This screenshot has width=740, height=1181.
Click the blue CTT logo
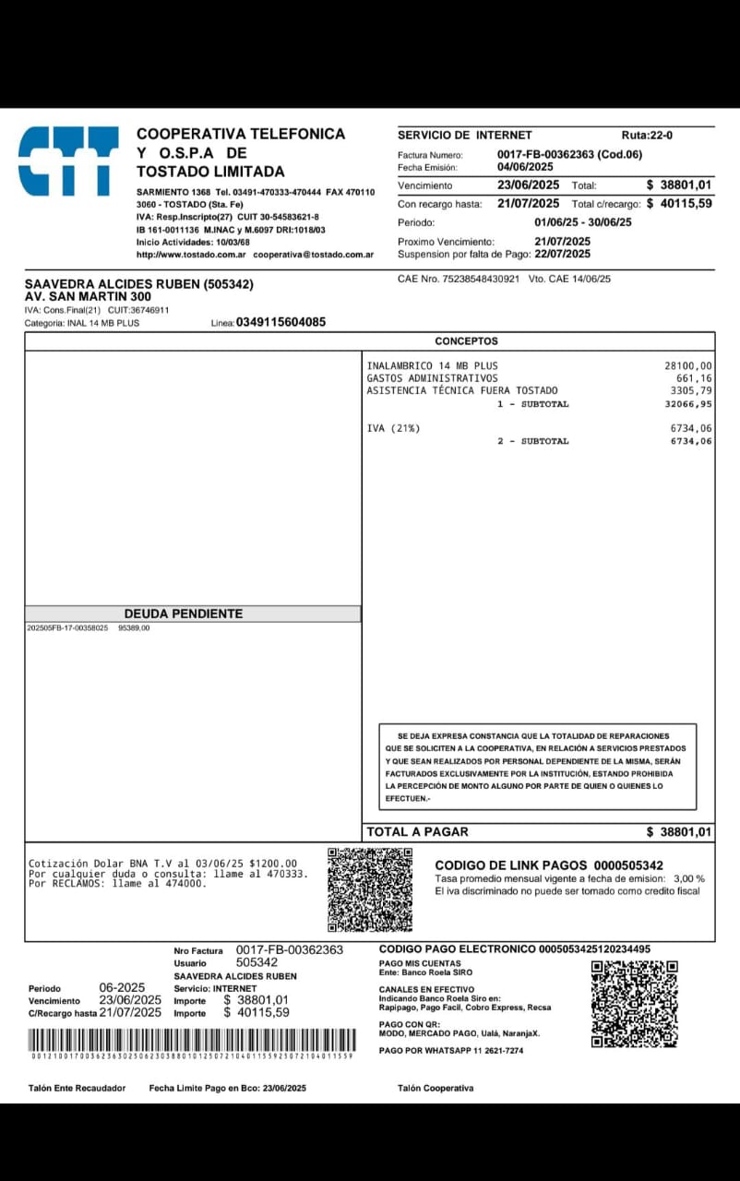point(68,161)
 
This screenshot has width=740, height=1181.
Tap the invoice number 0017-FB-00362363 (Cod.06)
point(569,154)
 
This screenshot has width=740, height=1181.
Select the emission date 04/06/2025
point(525,167)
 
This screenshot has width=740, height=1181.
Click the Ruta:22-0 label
point(647,135)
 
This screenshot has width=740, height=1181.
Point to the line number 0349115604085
point(280,322)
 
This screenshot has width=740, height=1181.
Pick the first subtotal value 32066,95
point(688,404)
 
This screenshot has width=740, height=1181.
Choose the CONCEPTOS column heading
point(466,341)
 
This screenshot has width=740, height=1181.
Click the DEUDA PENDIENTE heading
point(184,614)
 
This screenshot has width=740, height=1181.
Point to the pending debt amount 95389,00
point(134,628)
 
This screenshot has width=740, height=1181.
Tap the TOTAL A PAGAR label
point(417,831)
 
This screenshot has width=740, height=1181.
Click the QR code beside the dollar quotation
point(370,889)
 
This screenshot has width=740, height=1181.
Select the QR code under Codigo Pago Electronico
point(634,1004)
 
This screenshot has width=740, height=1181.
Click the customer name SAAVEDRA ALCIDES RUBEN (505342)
point(138,284)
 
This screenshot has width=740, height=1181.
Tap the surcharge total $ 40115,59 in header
point(679,203)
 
